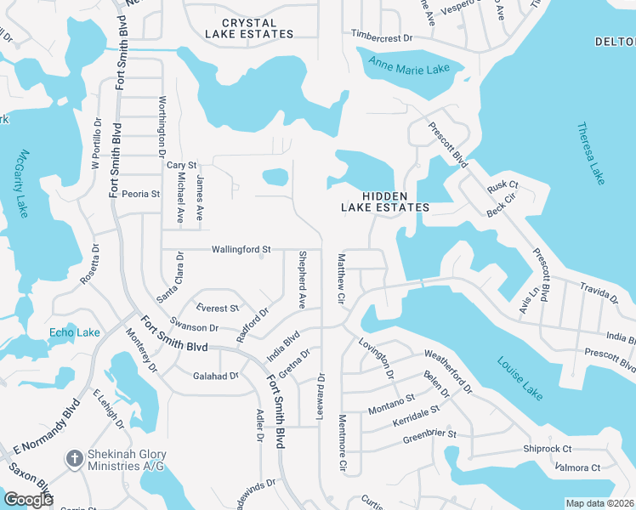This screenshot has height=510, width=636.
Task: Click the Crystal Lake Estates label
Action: tap(249, 28)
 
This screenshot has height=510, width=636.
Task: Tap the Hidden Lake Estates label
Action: tap(385, 201)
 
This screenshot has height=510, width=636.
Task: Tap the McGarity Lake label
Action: tap(21, 183)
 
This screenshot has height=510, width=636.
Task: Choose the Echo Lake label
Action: tap(75, 332)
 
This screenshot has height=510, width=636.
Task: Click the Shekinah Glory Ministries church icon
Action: tap(75, 458)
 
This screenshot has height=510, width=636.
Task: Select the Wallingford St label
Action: tap(241, 249)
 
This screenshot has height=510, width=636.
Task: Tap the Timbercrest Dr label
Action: tap(382, 37)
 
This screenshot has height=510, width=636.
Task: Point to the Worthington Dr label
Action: tap(162, 126)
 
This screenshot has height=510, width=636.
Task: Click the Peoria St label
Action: tap(140, 194)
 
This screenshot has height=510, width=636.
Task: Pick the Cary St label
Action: tap(181, 164)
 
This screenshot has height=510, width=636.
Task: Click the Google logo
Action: tap(29, 500)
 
